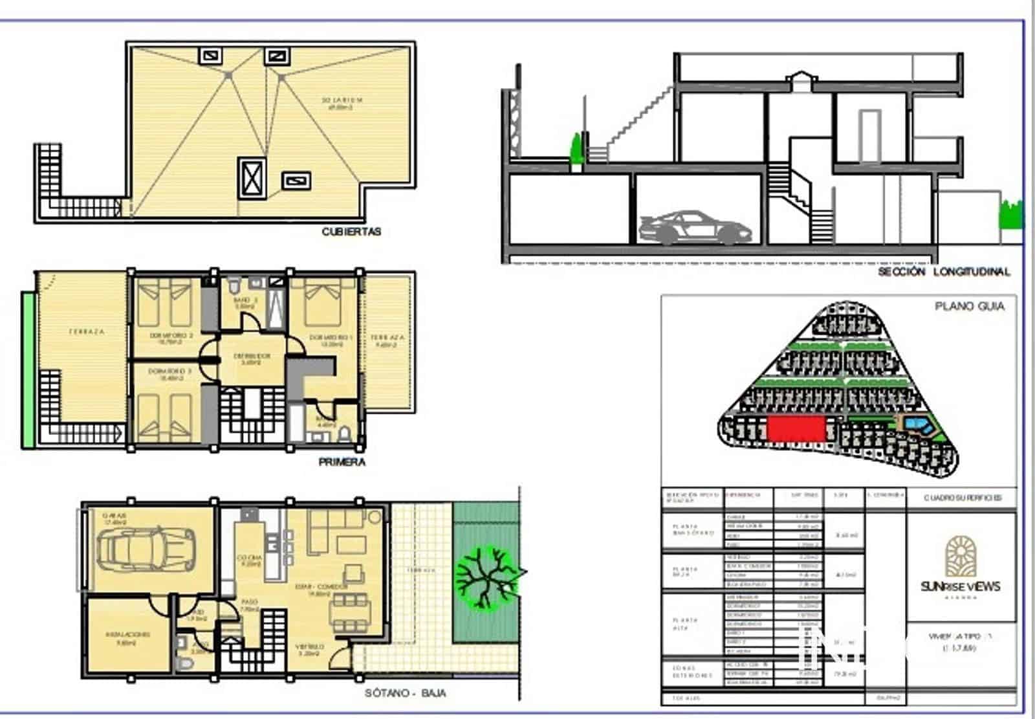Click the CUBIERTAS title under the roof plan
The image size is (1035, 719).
351,232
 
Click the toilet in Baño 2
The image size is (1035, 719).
234,284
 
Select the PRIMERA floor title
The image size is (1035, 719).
342,462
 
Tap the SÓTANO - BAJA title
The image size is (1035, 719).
405,692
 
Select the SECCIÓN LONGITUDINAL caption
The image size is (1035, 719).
943,272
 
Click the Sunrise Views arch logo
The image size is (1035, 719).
961,557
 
